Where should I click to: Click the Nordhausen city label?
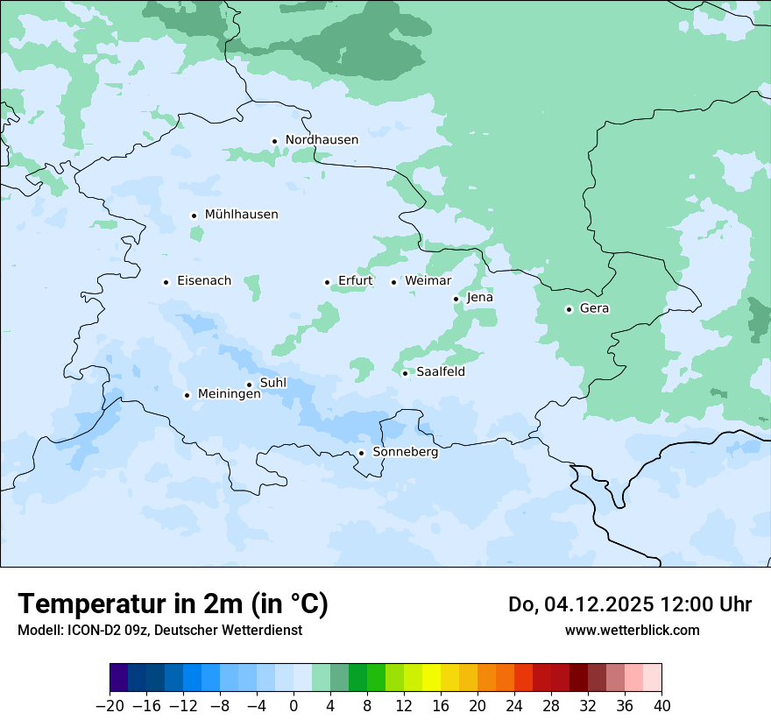coord(322,140)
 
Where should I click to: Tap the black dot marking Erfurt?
coord(327,282)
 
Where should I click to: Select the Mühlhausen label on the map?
coord(241,215)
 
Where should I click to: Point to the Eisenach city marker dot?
coord(166,282)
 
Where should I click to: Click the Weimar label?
coord(428,281)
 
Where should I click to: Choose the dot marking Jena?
coord(456,299)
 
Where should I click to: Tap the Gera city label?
coord(594,308)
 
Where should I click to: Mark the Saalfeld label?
coord(440,372)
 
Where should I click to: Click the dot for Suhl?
coord(249,385)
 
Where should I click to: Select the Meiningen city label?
coord(229,394)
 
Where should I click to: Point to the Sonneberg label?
coord(405,453)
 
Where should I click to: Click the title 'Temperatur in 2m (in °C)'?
coord(173,603)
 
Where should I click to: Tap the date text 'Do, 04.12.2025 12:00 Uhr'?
coord(629,604)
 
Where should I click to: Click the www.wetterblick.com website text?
coord(632,630)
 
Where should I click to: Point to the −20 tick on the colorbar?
coord(110,706)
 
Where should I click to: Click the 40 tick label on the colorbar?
coord(661,706)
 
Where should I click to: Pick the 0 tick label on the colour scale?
coord(294,706)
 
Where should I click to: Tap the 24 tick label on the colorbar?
coord(514,706)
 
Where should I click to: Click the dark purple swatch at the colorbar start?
coord(118,678)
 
